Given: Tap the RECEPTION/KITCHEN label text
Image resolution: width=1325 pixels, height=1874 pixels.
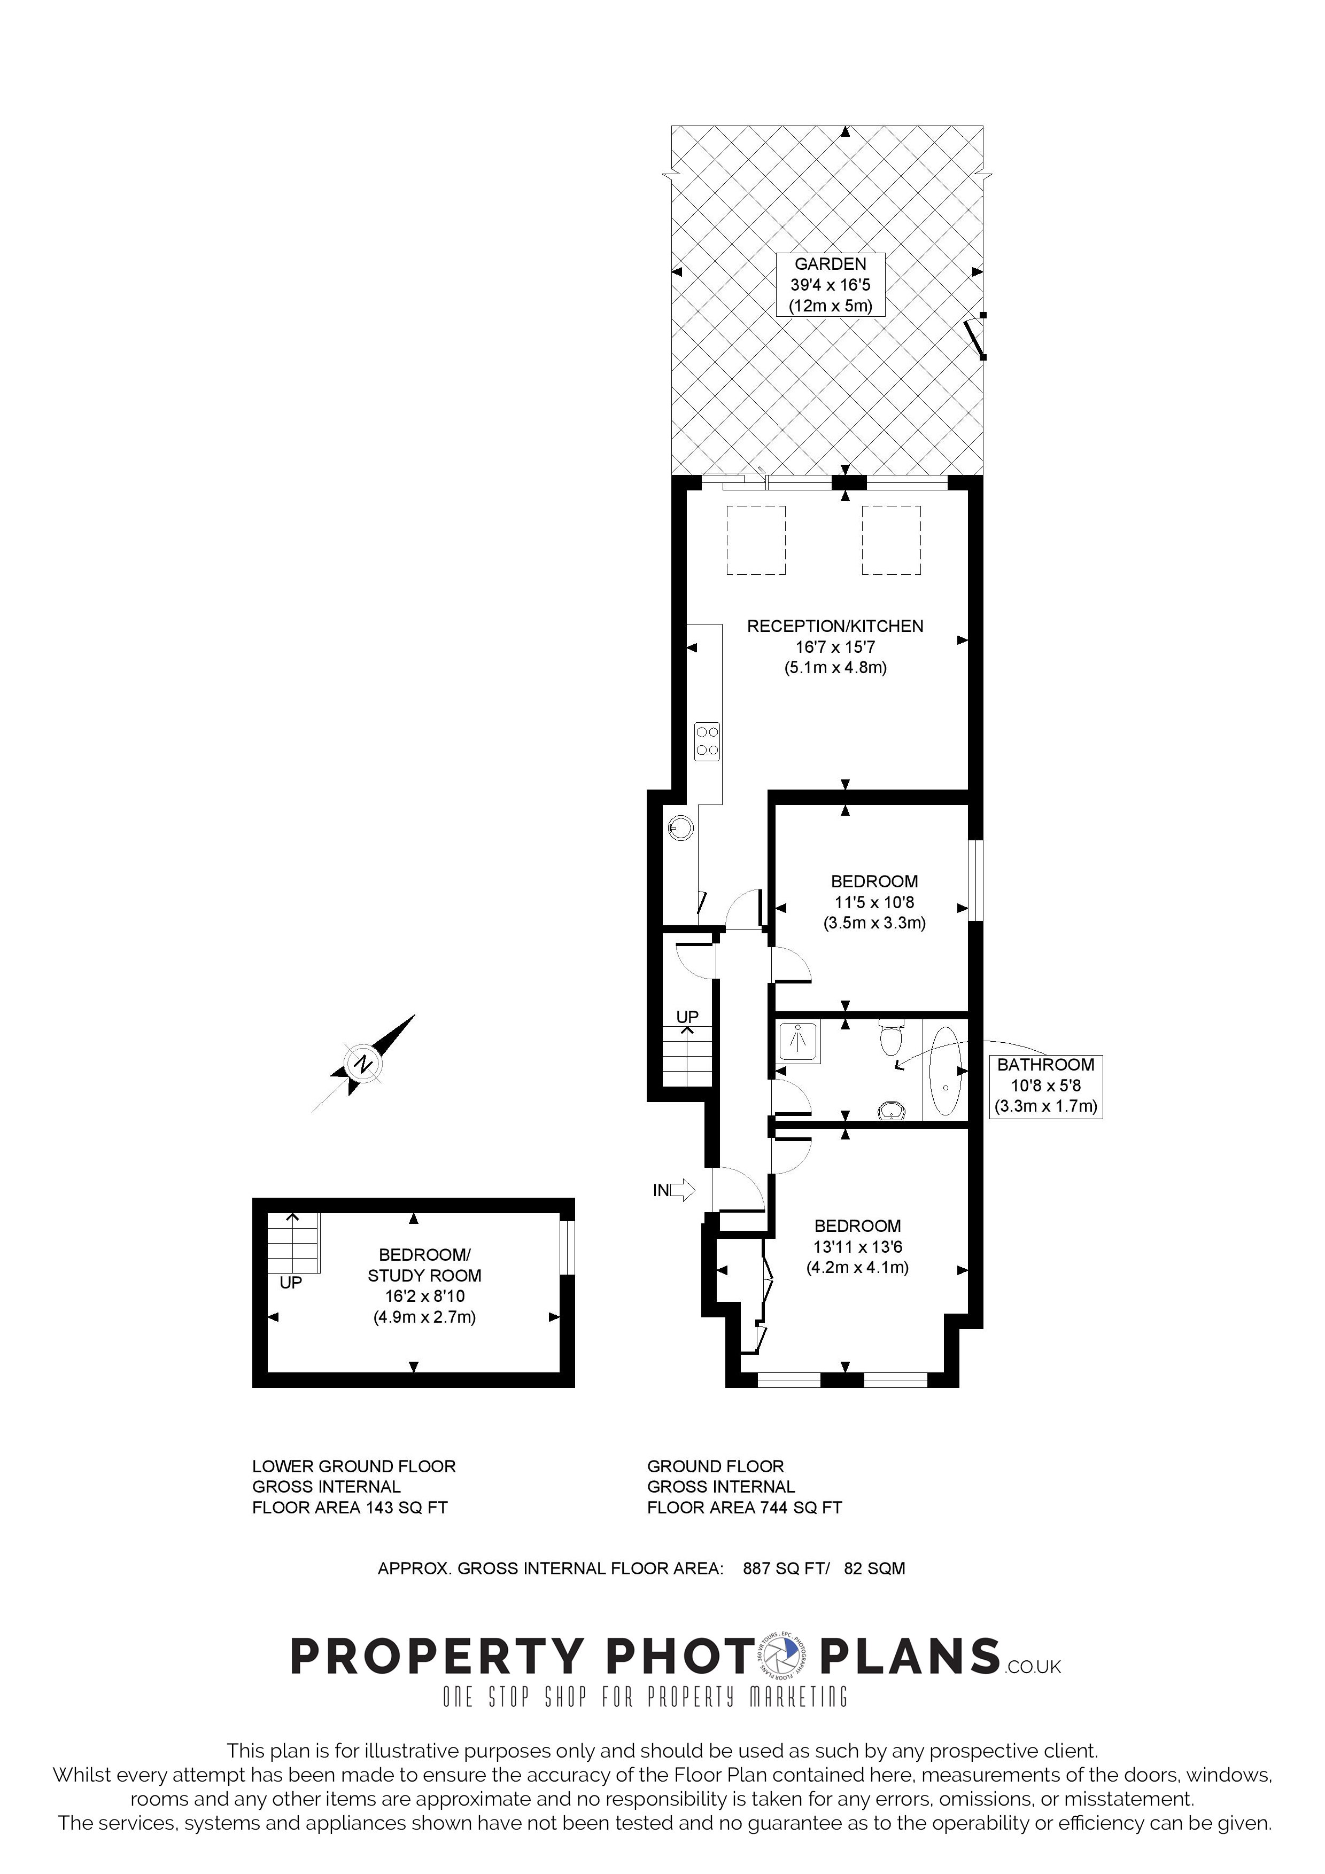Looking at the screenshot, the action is coord(835,626).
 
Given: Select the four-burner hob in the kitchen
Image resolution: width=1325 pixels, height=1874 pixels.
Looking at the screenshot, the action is coord(707,741).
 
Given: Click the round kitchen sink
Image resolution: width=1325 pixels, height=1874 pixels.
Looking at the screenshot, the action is coord(681,829).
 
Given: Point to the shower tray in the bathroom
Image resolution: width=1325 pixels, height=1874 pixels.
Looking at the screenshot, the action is coord(799,1042).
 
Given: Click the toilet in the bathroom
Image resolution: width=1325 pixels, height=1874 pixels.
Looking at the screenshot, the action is coord(890,1036).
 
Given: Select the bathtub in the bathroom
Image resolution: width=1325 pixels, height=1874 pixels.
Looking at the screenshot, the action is coord(946,1071).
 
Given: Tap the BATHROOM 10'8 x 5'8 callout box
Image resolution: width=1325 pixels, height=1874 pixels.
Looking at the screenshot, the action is coord(1046,1086).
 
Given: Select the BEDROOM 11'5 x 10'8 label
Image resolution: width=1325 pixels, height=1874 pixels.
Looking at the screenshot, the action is coord(874,902).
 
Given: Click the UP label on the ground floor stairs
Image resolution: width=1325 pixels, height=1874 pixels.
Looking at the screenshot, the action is coord(687,1016).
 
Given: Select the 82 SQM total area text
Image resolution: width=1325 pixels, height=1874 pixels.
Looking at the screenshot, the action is coord(874,1568).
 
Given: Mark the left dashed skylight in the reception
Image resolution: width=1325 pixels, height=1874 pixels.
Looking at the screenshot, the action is coord(756,540).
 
